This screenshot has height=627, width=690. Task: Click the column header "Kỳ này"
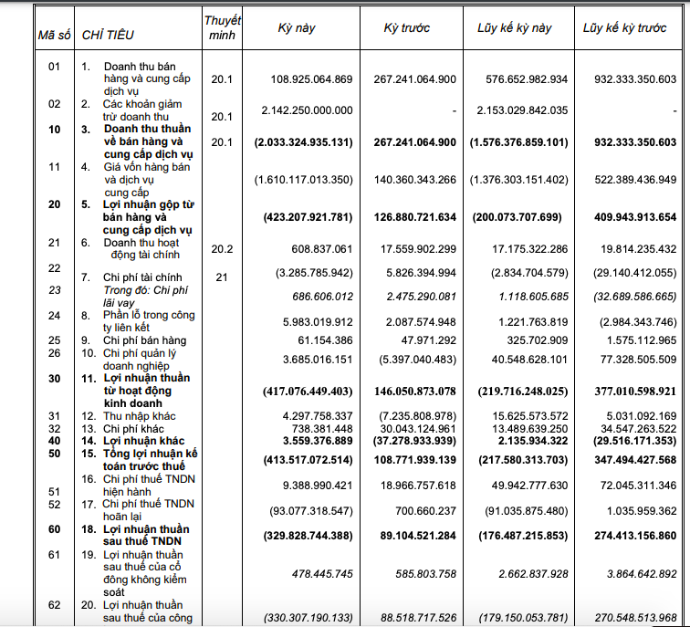297,28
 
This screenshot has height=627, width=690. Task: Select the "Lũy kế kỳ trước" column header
625,28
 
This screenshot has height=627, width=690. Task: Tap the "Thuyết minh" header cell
222,27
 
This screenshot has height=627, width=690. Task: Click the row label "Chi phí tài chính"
142,277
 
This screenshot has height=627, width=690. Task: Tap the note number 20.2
222,247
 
